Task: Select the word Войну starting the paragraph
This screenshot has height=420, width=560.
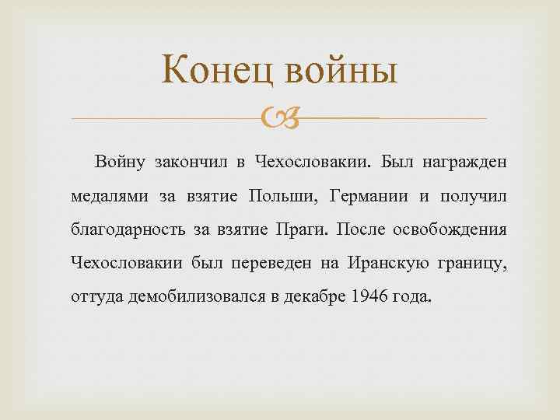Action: coord(120,163)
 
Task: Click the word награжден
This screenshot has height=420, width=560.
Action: coord(465,163)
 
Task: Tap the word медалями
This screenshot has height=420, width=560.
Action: coord(108,197)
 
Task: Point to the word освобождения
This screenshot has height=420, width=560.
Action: coord(452,230)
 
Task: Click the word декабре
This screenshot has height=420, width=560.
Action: coord(319,298)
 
